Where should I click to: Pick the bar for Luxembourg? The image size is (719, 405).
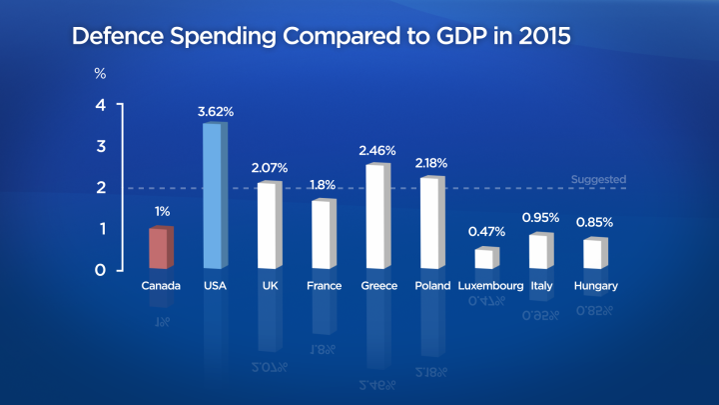pos(485,258)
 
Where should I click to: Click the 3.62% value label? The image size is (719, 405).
pos(216,111)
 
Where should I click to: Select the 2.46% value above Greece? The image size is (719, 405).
pos(377,151)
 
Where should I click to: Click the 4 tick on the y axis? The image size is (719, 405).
pos(99,106)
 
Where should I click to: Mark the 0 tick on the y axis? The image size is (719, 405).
pos(99,269)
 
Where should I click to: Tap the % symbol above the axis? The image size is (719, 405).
pos(100,74)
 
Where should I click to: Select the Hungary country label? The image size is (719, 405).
pos(596,286)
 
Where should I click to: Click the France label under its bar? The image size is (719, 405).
pos(324,286)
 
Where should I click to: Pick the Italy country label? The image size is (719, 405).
pos(541,286)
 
